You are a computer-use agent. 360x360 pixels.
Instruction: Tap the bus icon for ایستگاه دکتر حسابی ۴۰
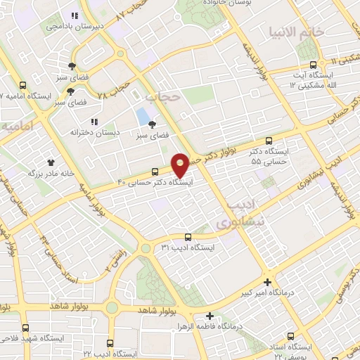[x=155, y=171]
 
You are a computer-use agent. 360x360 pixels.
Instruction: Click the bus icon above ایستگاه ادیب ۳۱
[x=187, y=237]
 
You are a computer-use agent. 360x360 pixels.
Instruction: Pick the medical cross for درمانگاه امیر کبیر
[x=266, y=279]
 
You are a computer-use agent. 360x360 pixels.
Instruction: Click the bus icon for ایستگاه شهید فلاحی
[x=26, y=328]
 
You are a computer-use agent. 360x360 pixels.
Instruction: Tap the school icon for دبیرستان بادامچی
[x=73, y=15]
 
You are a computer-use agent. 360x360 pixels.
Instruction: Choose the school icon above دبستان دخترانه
[x=95, y=121]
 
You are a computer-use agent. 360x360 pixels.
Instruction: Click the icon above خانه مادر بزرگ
[x=50, y=162]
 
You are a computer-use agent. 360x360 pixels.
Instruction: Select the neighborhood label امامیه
[x=17, y=127]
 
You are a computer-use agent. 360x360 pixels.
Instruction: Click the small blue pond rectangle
[x=143, y=115]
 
